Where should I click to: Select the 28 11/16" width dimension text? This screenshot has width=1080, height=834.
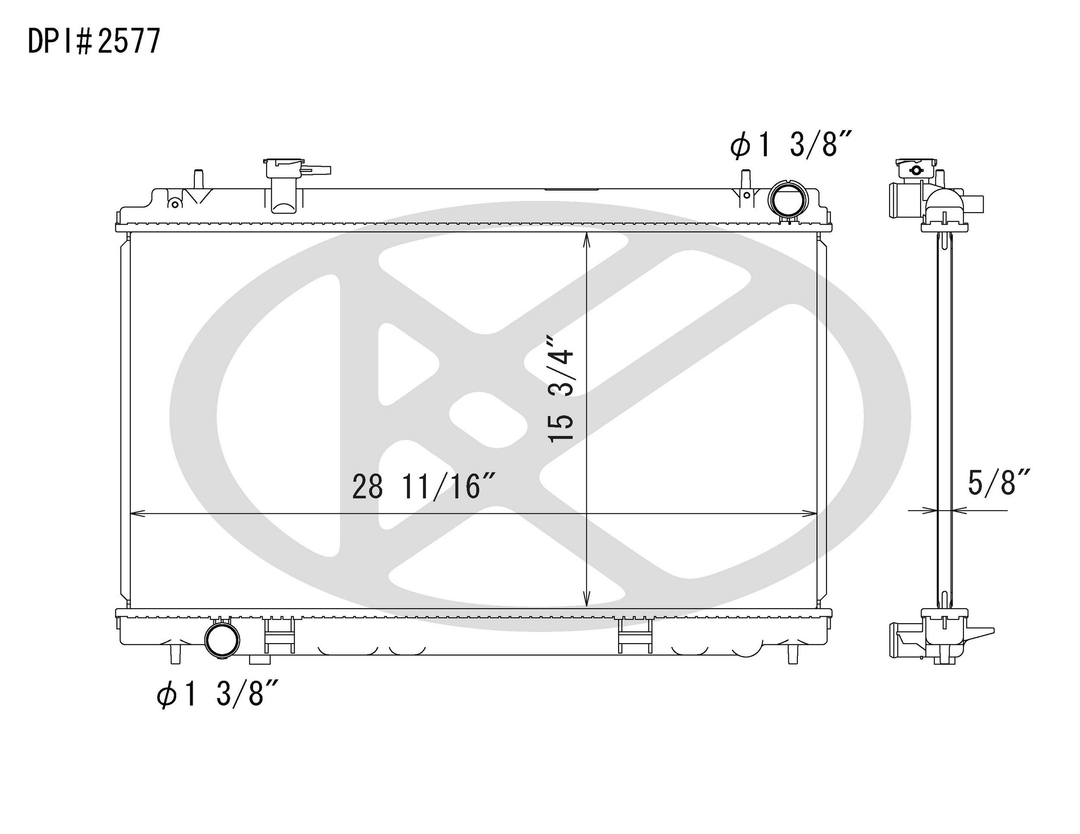tap(423, 486)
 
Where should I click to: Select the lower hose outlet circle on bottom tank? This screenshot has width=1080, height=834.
tap(222, 640)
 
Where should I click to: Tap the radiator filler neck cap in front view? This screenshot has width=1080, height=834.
tap(284, 168)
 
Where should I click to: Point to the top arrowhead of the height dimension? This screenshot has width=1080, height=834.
tap(587, 239)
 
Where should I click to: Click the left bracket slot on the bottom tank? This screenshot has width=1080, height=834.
tap(280, 635)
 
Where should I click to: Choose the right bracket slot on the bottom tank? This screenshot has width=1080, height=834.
tap(635, 635)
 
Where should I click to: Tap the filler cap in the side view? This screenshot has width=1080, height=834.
tap(916, 168)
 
